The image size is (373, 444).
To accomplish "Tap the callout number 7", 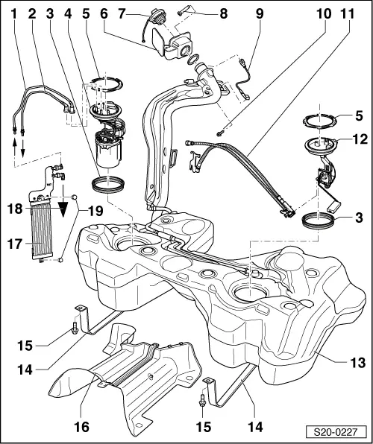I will pyautogui.click(x=124, y=13).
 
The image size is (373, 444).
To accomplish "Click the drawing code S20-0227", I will pyautogui.click(x=341, y=431).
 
